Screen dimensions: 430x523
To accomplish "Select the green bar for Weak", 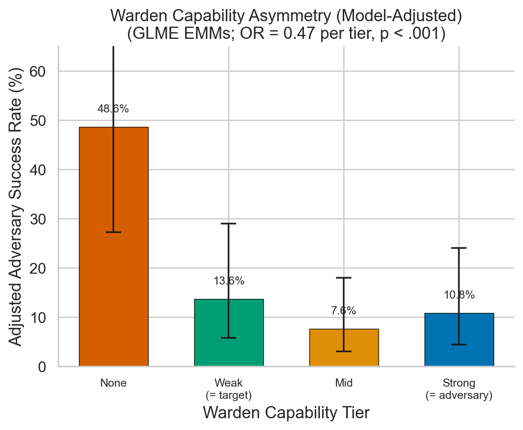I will point(212,334).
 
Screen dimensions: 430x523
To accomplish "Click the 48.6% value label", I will point(113,109).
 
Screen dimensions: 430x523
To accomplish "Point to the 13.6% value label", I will point(229,281).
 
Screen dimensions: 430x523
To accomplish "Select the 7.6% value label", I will point(344,311).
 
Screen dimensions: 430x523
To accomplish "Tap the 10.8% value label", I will point(459,295).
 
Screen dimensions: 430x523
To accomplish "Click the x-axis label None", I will point(113,383).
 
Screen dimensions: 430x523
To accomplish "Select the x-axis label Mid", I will point(344,383).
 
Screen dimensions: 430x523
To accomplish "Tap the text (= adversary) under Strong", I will point(459,396).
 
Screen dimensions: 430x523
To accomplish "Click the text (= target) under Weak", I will point(229,396).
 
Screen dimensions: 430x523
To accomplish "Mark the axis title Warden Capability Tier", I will point(286,413).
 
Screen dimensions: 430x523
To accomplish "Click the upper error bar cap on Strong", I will point(459,248).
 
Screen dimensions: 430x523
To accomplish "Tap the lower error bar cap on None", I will point(113,232).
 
